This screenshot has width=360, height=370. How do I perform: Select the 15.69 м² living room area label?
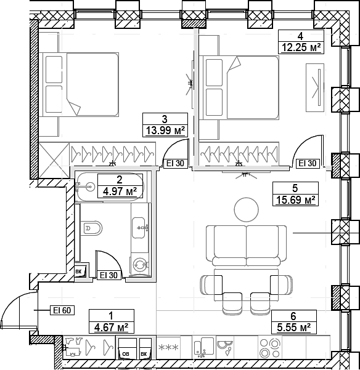click(294, 199)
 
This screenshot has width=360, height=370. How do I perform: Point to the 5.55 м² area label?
click(294, 327)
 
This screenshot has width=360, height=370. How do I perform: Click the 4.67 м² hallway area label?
click(111, 327)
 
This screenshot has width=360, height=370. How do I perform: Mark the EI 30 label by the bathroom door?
click(108, 275)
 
